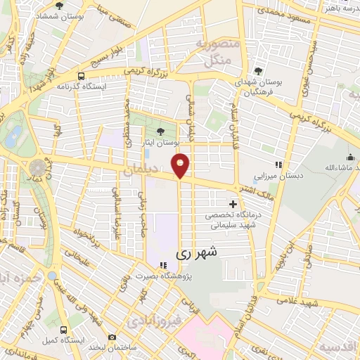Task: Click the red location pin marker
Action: pyautogui.click(x=181, y=165)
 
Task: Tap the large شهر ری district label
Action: pyautogui.click(x=196, y=252)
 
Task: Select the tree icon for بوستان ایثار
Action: pyautogui.click(x=161, y=131)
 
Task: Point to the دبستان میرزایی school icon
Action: pyautogui.click(x=278, y=165)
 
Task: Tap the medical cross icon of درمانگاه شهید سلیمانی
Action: pyautogui.click(x=233, y=203)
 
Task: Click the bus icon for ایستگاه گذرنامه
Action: pyautogui.click(x=82, y=76)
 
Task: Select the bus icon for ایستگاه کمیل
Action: pyautogui.click(x=64, y=329)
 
